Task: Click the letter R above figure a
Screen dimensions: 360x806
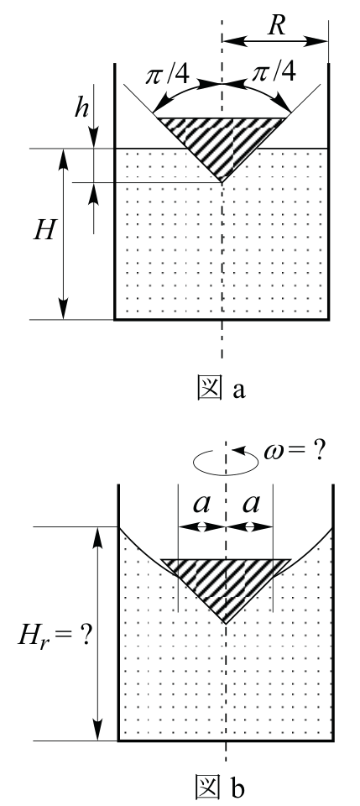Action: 276,25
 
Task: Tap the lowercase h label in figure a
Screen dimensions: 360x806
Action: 81,107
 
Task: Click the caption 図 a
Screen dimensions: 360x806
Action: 222,388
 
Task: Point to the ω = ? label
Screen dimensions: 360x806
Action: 294,451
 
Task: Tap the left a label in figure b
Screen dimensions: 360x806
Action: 201,505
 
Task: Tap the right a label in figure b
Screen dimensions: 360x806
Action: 251,505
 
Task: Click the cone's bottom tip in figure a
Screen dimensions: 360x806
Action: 222,182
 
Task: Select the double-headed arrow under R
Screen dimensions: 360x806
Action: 275,41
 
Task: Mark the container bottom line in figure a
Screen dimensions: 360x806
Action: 222,320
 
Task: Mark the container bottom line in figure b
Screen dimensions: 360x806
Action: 226,741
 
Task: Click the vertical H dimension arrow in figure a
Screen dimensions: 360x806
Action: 64,234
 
